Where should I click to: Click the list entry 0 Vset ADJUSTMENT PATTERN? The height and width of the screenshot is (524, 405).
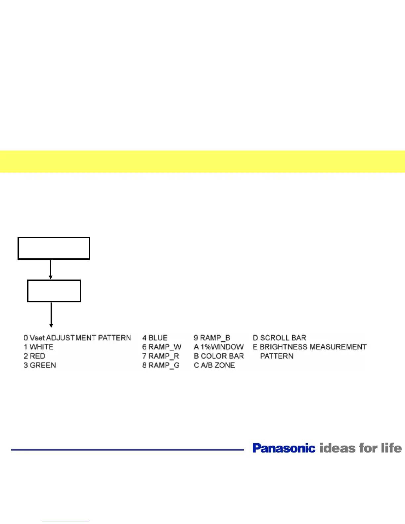(x=77, y=338)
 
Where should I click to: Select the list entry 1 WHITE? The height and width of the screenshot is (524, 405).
(x=38, y=347)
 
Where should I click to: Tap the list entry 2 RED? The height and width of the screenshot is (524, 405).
(x=34, y=356)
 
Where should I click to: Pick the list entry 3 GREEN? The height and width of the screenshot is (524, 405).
(x=40, y=365)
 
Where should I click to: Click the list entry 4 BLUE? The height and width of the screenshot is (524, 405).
(x=155, y=338)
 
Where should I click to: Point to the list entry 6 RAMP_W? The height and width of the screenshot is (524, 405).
(x=162, y=347)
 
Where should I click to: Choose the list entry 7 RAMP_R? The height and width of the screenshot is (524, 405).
(x=160, y=356)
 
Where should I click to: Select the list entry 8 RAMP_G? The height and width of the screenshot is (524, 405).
(x=161, y=365)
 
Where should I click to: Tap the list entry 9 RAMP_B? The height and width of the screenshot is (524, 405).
(x=212, y=338)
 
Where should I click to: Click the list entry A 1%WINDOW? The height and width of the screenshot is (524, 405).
(x=219, y=347)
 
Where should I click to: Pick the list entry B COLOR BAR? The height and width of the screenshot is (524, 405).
(x=219, y=356)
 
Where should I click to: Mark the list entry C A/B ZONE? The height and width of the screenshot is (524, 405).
(x=214, y=365)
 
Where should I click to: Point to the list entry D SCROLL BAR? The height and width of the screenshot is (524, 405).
(x=279, y=338)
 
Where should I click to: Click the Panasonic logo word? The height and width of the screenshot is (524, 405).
(x=284, y=448)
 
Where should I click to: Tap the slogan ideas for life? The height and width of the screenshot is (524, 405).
(x=361, y=448)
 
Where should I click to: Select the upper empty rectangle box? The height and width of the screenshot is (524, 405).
(x=54, y=248)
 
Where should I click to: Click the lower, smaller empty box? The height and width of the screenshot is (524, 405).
(x=54, y=291)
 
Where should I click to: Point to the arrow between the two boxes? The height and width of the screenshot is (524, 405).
(x=51, y=269)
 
